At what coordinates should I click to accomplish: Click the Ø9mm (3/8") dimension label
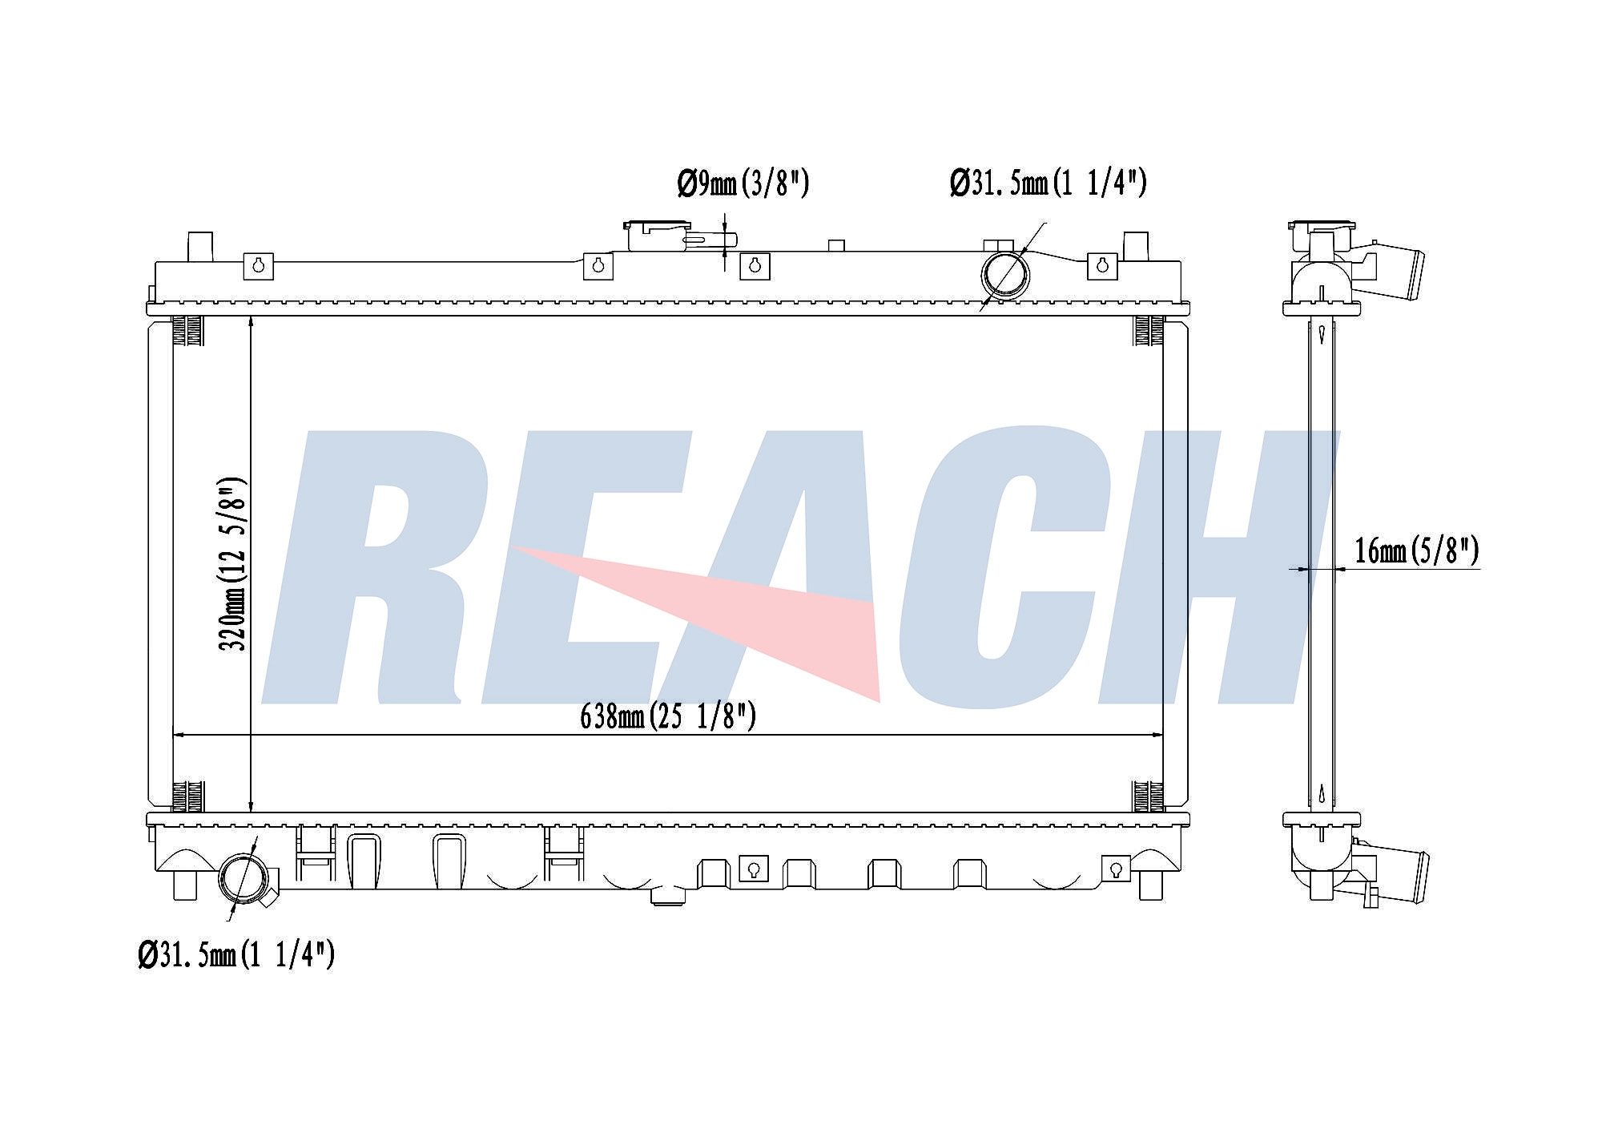743,183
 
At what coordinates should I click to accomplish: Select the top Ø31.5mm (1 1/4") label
1049,183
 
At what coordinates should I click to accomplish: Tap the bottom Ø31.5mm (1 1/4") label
236,954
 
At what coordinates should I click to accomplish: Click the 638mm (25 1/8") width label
668,716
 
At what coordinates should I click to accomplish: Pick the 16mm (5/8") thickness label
1416,550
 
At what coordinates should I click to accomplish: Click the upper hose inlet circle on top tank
1005,275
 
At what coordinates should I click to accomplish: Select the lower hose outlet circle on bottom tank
244,880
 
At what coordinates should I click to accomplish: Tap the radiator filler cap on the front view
657,235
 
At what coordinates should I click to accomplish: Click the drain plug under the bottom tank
668,897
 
